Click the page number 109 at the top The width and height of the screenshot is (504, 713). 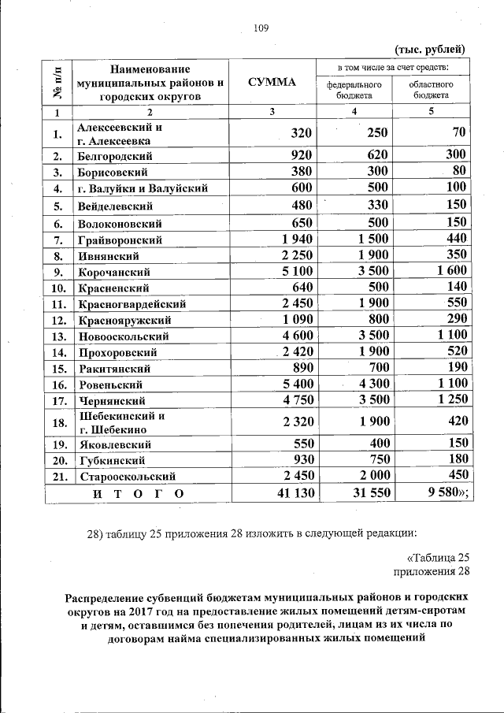pyautogui.click(x=261, y=29)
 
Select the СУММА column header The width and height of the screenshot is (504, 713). pyautogui.click(x=271, y=82)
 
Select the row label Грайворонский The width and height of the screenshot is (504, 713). pyautogui.click(x=120, y=240)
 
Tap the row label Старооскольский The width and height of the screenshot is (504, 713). pyautogui.click(x=125, y=476)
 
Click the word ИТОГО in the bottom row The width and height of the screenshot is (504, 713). pyautogui.click(x=137, y=494)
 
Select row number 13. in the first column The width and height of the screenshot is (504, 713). pyautogui.click(x=57, y=336)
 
